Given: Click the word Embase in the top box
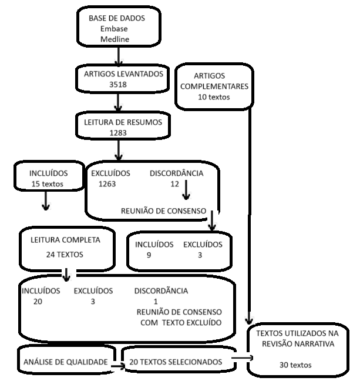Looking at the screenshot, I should tap(114, 29).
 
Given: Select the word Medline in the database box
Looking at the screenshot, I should tap(115, 40).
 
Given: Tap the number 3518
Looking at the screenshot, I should tap(118, 85).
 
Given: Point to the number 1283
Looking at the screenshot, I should tap(118, 133).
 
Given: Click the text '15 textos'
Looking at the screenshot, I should tap(48, 184).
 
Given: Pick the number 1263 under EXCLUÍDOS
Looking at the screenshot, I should tap(108, 184).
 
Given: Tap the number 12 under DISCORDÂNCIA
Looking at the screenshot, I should tap(174, 184).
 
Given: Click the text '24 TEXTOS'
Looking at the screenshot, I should tap(65, 255).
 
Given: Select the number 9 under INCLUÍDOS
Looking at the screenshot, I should tap(149, 255).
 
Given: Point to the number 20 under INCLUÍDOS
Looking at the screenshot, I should tap(39, 302).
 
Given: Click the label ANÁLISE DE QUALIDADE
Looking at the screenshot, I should tap(65, 362).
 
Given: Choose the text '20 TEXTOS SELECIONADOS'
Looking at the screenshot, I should tap(176, 362).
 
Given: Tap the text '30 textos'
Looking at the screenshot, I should tap(296, 365).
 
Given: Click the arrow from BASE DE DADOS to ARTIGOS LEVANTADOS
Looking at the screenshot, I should tap(119, 56).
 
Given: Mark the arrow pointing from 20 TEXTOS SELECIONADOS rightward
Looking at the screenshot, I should tap(242, 357).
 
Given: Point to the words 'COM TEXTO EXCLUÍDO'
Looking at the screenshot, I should tap(181, 323).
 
